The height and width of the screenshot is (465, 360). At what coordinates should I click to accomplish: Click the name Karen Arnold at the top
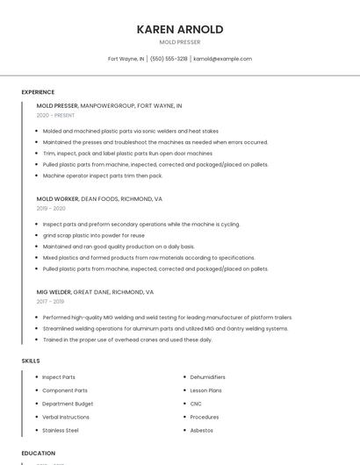tap(180, 29)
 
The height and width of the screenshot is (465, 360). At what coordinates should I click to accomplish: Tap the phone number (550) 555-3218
tap(169, 59)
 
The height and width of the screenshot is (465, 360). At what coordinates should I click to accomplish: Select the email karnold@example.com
tap(223, 59)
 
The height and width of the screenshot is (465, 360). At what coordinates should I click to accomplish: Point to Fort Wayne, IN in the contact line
tap(126, 59)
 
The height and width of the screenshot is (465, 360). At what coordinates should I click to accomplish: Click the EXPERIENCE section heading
tap(38, 92)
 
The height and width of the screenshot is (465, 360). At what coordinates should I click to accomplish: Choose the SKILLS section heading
tap(31, 361)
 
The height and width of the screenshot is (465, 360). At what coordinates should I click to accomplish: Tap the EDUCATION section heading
tap(39, 453)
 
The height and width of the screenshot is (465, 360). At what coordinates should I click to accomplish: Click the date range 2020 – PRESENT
tap(55, 115)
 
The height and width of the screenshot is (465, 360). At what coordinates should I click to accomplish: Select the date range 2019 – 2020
tap(51, 208)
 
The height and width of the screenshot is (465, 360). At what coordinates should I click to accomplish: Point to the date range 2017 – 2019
tap(50, 301)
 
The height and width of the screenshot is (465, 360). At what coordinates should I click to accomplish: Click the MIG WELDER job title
tap(54, 291)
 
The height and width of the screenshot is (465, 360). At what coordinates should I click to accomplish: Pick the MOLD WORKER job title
tap(57, 198)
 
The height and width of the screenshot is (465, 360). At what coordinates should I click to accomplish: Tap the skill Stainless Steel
tap(61, 430)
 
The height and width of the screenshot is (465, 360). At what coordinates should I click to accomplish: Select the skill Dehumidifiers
tap(208, 377)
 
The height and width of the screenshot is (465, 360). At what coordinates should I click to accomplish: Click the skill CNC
tap(196, 404)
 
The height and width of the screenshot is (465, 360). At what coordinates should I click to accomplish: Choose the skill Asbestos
tap(202, 430)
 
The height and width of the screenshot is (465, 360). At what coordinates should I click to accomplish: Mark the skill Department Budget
tap(68, 404)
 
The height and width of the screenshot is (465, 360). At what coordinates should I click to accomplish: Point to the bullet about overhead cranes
tap(127, 340)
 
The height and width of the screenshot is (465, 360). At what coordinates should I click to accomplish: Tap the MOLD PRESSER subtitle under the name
tap(180, 42)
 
